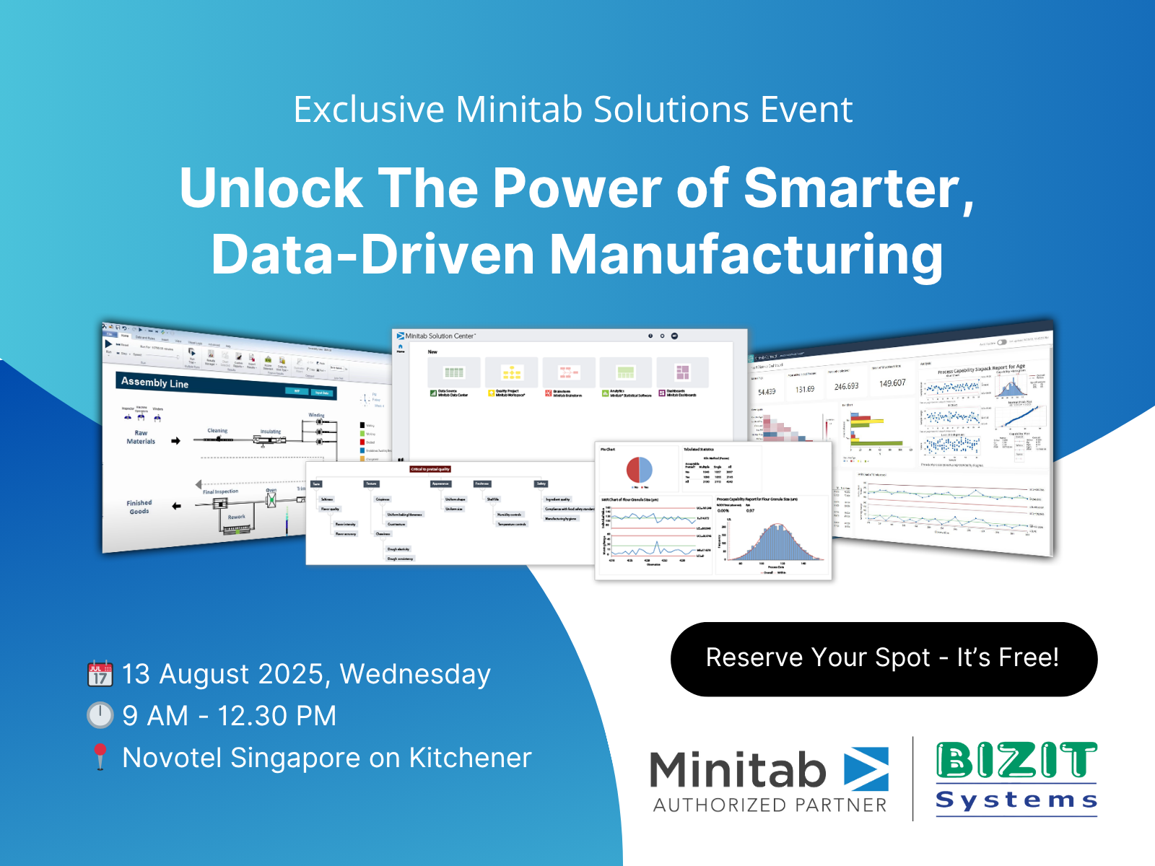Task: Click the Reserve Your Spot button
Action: pyautogui.click(x=884, y=659)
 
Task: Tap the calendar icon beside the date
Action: pyautogui.click(x=100, y=673)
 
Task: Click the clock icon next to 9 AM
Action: pyautogui.click(x=100, y=715)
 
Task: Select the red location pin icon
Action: pyautogui.click(x=100, y=756)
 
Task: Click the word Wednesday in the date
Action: pyautogui.click(x=415, y=674)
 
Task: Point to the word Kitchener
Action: pyautogui.click(x=470, y=758)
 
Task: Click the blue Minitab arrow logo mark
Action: pyautogui.click(x=866, y=769)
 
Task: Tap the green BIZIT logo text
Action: pyautogui.click(x=1016, y=761)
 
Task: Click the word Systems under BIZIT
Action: pyautogui.click(x=1016, y=800)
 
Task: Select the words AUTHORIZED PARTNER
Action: pyautogui.click(x=770, y=805)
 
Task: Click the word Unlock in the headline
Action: pyautogui.click(x=271, y=188)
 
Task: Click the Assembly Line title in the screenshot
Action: pyautogui.click(x=154, y=382)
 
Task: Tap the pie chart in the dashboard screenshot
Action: pyautogui.click(x=639, y=470)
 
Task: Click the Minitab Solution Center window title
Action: pyautogui.click(x=440, y=336)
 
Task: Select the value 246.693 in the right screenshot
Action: pyautogui.click(x=846, y=387)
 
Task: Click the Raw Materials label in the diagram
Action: pyautogui.click(x=141, y=437)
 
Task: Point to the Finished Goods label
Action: pyautogui.click(x=139, y=507)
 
